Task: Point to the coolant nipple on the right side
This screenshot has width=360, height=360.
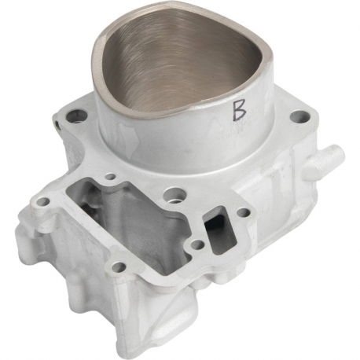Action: (327, 160)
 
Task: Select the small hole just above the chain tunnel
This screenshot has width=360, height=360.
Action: (111, 177)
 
